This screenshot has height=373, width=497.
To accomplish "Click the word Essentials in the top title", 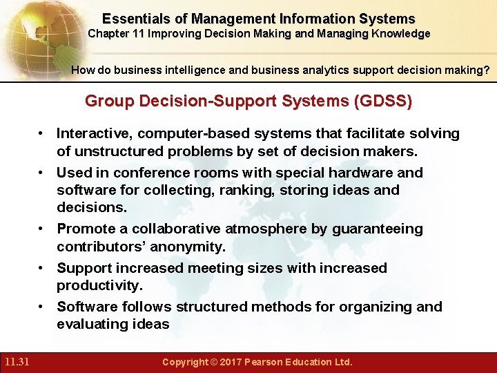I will (135, 19).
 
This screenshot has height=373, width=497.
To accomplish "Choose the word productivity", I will (99, 285).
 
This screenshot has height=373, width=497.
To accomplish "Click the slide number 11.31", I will (15, 362).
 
